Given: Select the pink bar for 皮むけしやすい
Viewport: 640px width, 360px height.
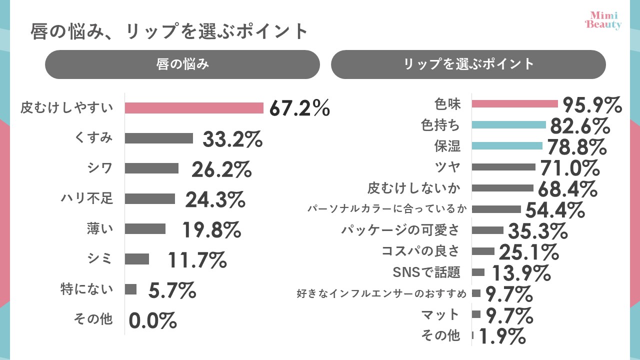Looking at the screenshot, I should coord(194,108).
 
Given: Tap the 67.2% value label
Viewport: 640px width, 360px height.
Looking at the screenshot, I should coord(299,108).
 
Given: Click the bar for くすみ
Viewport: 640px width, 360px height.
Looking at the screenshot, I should coord(159,138).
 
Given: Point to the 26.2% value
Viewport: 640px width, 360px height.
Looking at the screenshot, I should coord(221,170).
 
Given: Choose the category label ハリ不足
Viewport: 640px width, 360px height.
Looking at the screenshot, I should coord(87,199).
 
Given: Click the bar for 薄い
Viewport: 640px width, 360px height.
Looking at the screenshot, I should coord(145,228).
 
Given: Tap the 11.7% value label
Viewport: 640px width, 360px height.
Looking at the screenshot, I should coord(197,260).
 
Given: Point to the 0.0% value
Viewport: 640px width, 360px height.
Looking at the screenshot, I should coord(153,320).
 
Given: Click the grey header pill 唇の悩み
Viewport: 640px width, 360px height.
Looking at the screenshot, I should coord(182,64).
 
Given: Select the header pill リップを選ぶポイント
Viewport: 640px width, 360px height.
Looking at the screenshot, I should coord(468,64).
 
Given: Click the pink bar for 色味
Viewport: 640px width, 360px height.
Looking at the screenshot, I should coord(514,103).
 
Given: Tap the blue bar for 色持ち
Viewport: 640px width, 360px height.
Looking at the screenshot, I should coord(508,124).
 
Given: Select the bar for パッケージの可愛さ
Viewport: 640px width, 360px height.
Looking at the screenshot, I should coord(487,230).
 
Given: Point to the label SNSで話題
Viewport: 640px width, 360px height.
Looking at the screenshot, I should coord(426,272).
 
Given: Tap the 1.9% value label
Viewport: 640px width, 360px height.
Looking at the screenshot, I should coord(502,336).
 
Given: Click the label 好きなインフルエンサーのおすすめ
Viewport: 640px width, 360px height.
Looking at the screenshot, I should coord(382,293).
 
